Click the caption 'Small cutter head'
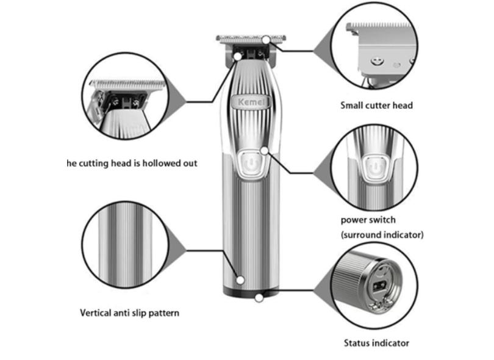point(376,106)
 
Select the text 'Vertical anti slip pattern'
point(130,313)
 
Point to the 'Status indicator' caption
point(376,343)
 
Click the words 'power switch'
point(368,220)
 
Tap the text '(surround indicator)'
point(382,234)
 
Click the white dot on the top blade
point(267,40)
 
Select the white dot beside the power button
point(264,150)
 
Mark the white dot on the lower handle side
point(240,280)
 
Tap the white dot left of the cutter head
point(237,56)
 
